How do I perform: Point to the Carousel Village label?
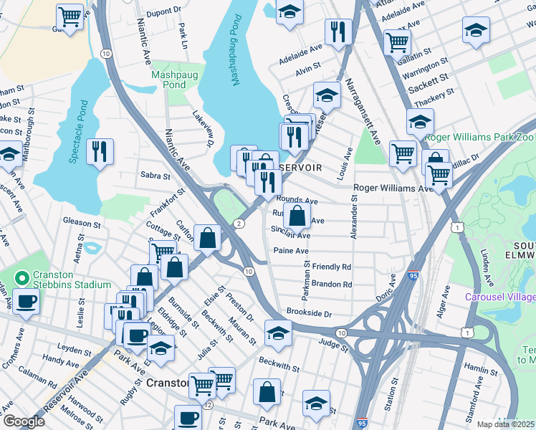point(499,297)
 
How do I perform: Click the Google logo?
point(23,421)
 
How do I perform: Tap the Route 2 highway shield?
point(238,224)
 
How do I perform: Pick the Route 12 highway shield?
point(208,405)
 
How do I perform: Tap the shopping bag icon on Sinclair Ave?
point(297,214)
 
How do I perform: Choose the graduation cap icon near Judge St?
point(278,332)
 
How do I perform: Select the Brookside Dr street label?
point(309,314)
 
